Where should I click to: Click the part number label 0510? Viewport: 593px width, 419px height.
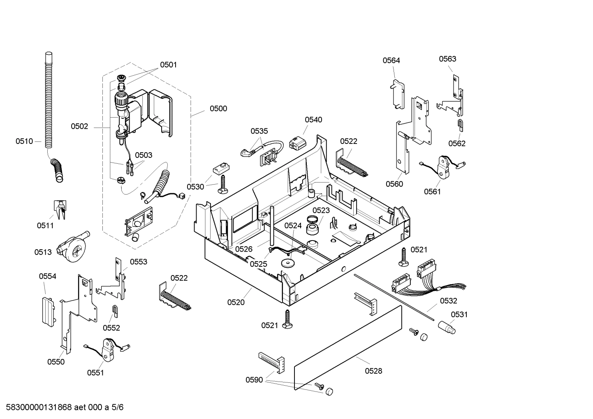[24, 141]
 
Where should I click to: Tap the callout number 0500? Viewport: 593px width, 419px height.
[218, 109]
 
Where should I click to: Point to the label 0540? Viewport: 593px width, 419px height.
[313, 120]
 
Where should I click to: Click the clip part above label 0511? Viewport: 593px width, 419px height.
[60, 209]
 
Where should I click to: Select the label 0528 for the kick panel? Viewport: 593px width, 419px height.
[373, 371]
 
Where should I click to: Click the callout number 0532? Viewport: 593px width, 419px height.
[448, 301]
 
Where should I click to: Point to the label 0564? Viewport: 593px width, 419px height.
[391, 60]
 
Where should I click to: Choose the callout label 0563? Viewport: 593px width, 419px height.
[447, 59]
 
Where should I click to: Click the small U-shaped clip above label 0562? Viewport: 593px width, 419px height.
[460, 124]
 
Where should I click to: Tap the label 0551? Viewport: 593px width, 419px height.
[95, 373]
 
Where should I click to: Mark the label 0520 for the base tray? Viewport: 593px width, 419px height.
[236, 302]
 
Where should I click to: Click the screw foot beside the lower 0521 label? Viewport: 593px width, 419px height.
[287, 319]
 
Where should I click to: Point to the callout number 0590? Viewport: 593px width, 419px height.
[254, 380]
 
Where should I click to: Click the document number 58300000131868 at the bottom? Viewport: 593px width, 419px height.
[37, 407]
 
